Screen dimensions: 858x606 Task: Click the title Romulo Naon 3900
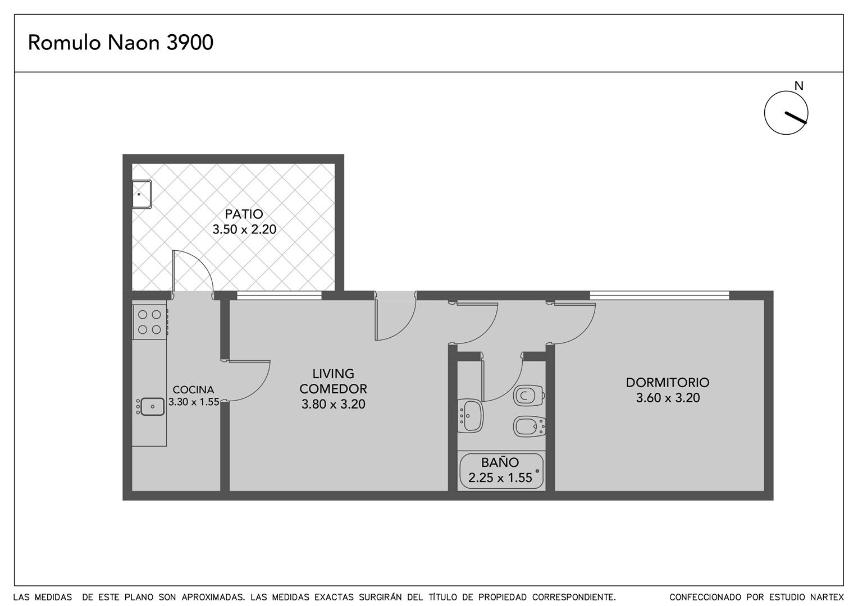[121, 43]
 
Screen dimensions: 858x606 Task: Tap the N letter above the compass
[798, 86]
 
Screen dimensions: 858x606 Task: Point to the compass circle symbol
[786, 113]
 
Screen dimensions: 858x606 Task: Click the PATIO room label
[244, 214]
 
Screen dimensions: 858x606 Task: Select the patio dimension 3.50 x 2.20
[244, 229]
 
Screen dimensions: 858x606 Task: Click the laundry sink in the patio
[142, 194]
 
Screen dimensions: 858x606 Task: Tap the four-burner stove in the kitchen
[150, 322]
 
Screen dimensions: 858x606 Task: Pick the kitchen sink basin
[152, 407]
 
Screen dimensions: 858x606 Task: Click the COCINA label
[193, 390]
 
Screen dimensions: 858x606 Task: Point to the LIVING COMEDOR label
[333, 381]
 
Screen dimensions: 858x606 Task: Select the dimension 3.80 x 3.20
[333, 404]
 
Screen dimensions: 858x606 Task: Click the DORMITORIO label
[668, 382]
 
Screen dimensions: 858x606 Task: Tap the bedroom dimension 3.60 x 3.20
[668, 398]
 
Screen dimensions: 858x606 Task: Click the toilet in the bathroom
[529, 396]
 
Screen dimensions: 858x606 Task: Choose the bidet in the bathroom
[530, 426]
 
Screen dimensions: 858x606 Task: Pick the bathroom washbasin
[471, 416]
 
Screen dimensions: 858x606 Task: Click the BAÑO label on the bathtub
[500, 462]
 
